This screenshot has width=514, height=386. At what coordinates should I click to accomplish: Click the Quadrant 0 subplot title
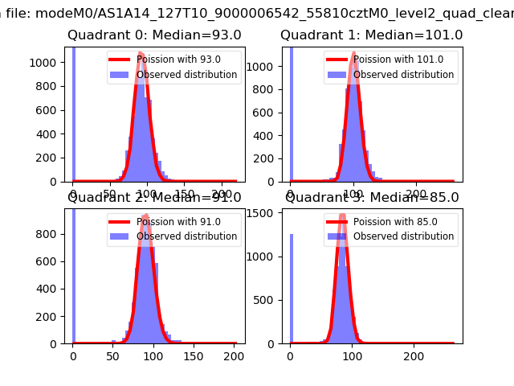[x=154, y=35]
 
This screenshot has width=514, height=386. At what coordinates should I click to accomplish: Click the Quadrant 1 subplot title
[x=371, y=35]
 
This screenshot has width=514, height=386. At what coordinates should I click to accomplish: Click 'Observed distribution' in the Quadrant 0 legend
[x=186, y=75]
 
